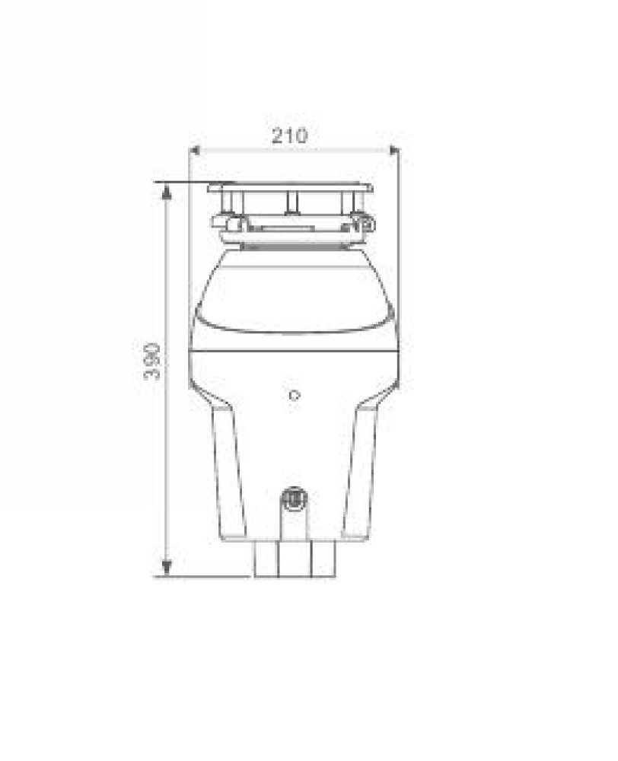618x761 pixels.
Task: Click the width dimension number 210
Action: tap(289, 135)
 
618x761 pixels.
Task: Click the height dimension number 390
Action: tap(152, 361)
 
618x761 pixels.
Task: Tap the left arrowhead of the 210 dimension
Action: tap(194, 150)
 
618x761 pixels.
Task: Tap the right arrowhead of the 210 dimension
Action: tap(393, 151)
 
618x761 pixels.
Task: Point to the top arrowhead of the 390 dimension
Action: tap(167, 193)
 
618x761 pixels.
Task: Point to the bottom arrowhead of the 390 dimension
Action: tap(167, 567)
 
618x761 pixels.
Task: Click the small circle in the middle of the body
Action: tap(295, 396)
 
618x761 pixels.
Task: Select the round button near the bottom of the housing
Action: tap(295, 498)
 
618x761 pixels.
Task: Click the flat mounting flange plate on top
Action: tap(290, 187)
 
